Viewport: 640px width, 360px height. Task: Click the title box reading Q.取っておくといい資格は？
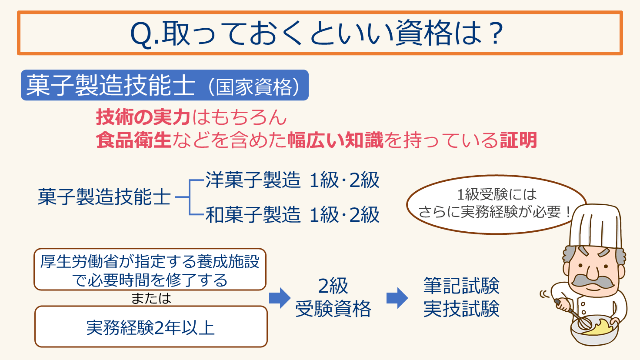click(320, 33)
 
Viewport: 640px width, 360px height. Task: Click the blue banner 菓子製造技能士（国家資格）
click(165, 85)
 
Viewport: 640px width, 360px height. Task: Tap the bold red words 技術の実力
click(143, 117)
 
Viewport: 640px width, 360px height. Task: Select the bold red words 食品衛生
click(134, 140)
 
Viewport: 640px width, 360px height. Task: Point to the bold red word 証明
click(518, 140)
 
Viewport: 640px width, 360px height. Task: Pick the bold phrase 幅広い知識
click(335, 140)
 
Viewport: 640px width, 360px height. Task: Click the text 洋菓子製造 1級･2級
click(292, 180)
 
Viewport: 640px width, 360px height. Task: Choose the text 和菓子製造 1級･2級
click(292, 215)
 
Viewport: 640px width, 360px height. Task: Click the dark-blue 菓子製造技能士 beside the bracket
click(104, 197)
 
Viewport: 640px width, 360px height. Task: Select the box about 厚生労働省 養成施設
click(150, 270)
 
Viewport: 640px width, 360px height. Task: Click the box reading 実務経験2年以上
click(151, 327)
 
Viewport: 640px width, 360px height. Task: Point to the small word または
click(151, 298)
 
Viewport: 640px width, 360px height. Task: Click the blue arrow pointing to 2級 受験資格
click(280, 298)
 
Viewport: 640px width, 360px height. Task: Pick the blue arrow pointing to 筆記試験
click(397, 298)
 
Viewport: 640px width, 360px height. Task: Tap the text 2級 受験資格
click(333, 297)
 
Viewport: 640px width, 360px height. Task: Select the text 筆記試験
click(461, 286)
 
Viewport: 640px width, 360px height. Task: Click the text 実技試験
click(461, 309)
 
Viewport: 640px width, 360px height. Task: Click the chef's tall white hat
click(596, 226)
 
